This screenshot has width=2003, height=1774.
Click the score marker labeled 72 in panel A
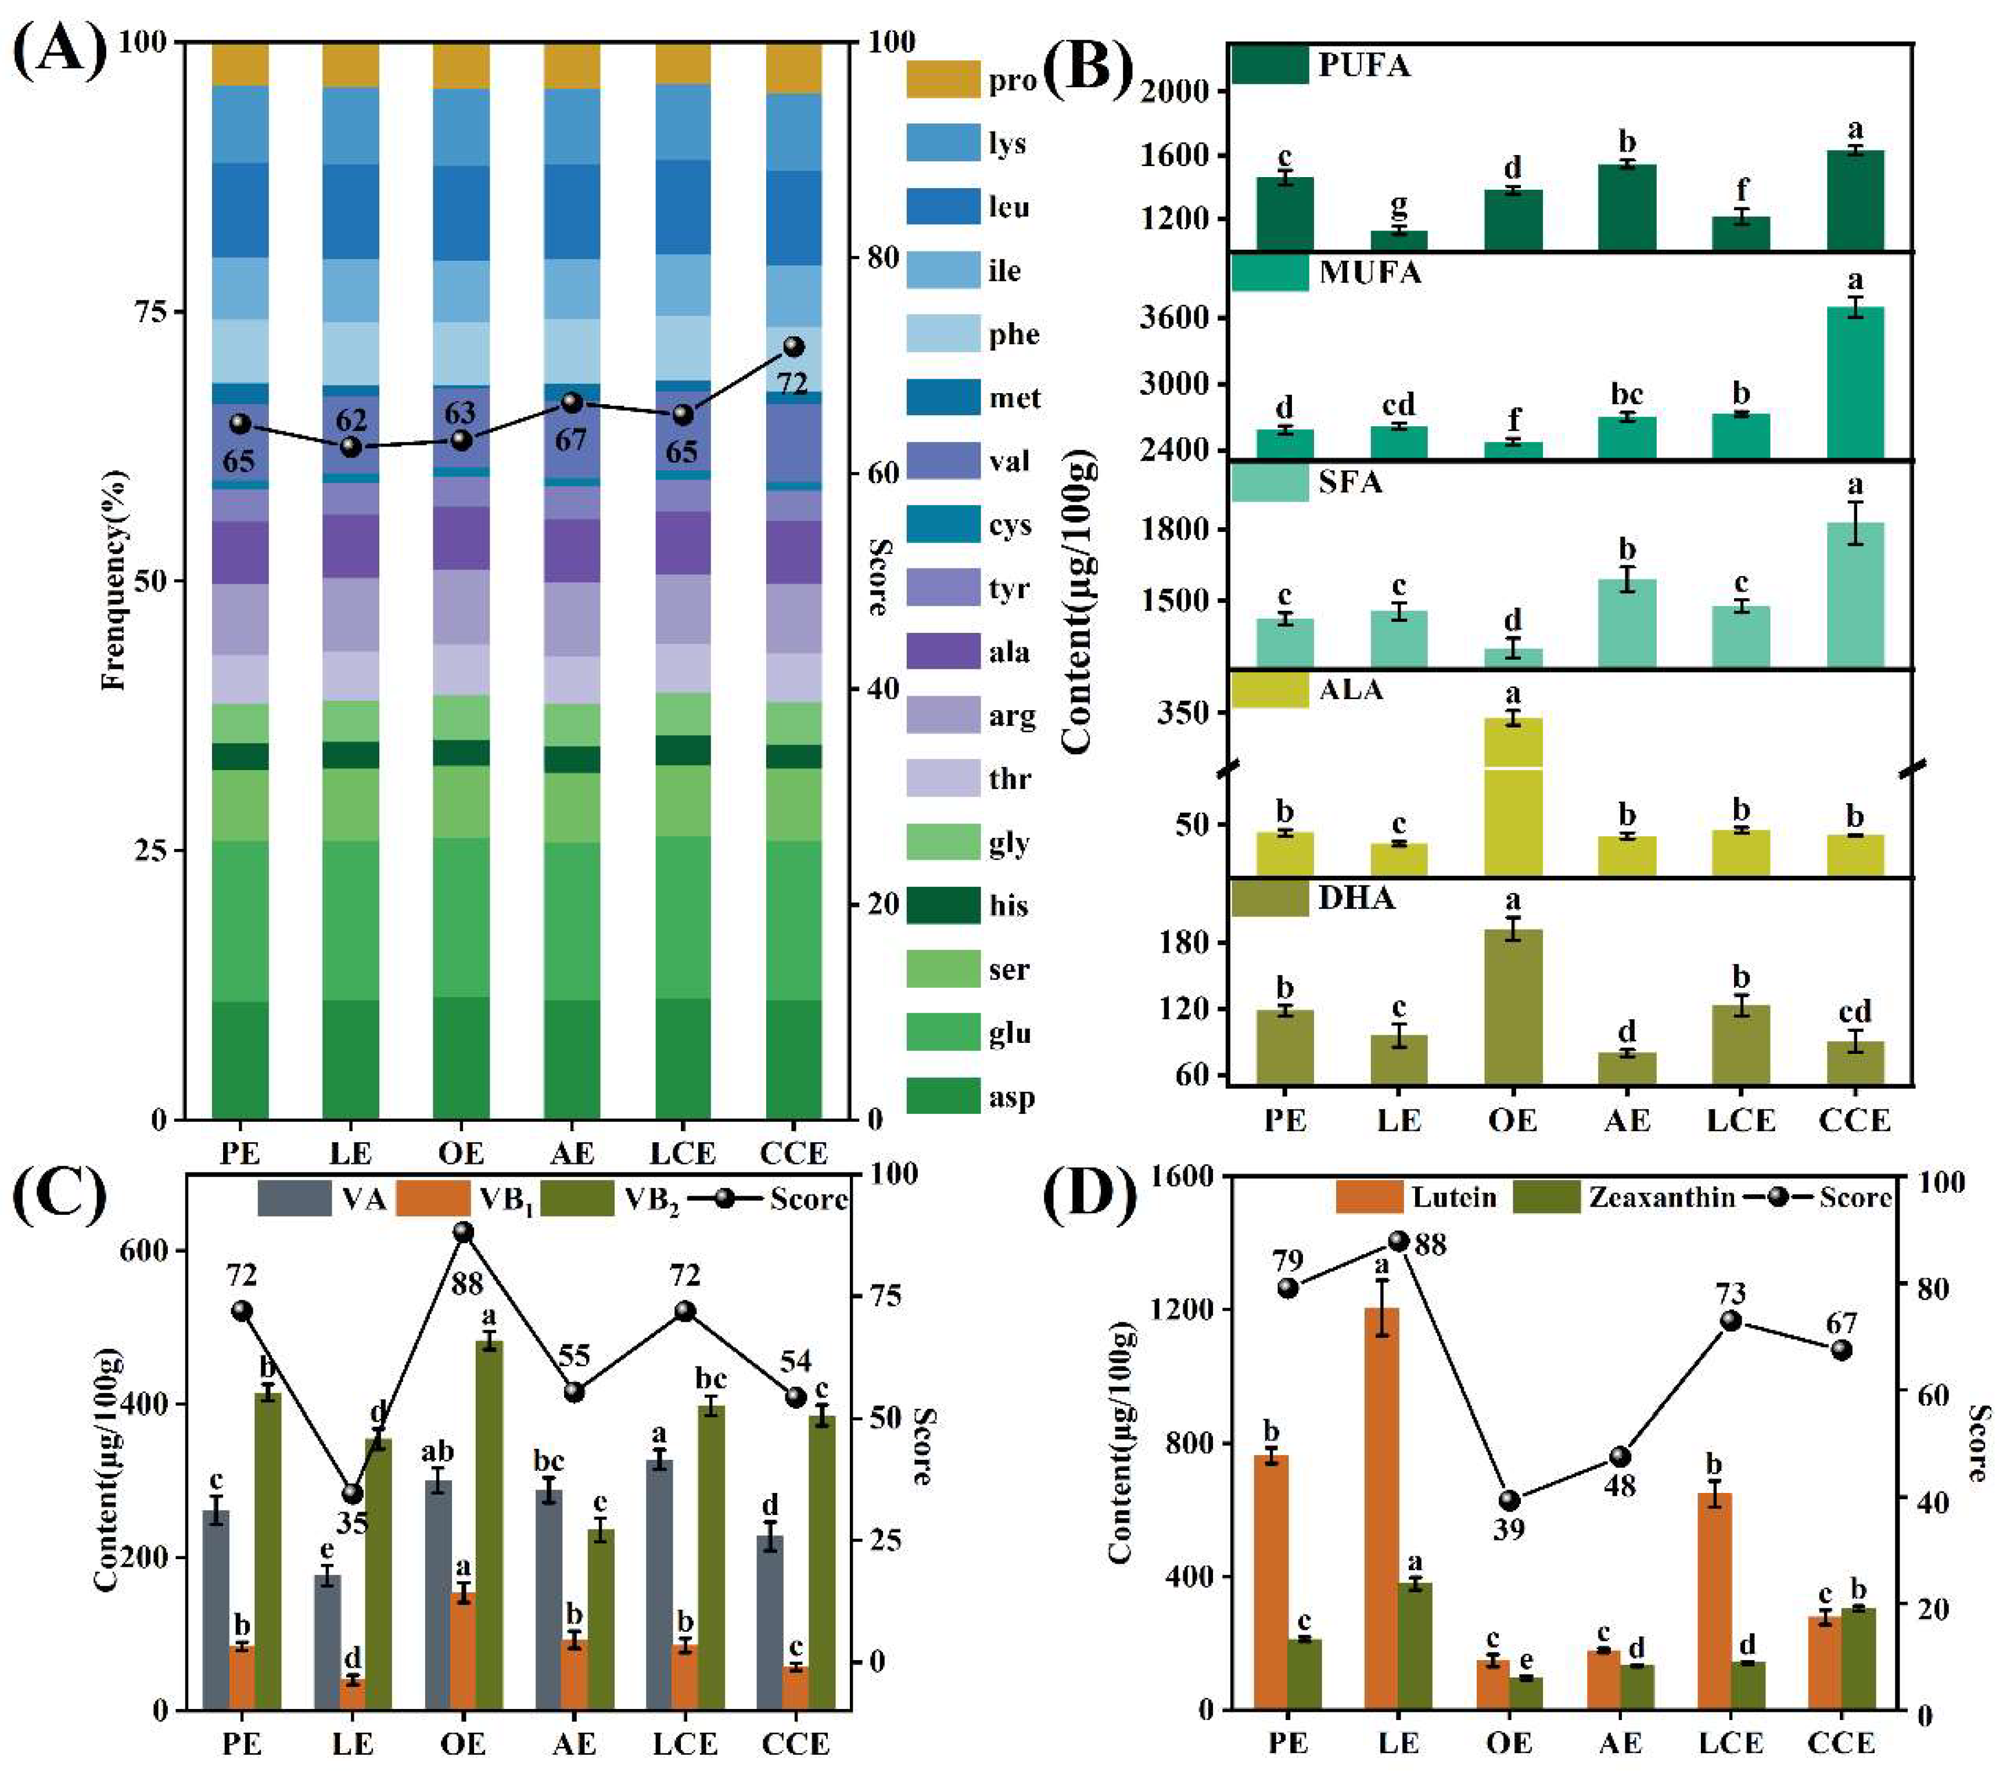pos(794,347)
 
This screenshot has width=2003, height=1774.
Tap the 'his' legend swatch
pos(943,905)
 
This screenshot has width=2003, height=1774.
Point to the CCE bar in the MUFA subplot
pos(1855,382)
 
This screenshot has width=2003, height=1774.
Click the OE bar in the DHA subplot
pos(1513,1006)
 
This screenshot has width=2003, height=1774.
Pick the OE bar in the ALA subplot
pos(1513,796)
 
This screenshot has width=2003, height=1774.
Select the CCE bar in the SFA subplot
pos(1855,595)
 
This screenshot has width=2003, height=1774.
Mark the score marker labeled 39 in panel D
pos(1509,1500)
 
